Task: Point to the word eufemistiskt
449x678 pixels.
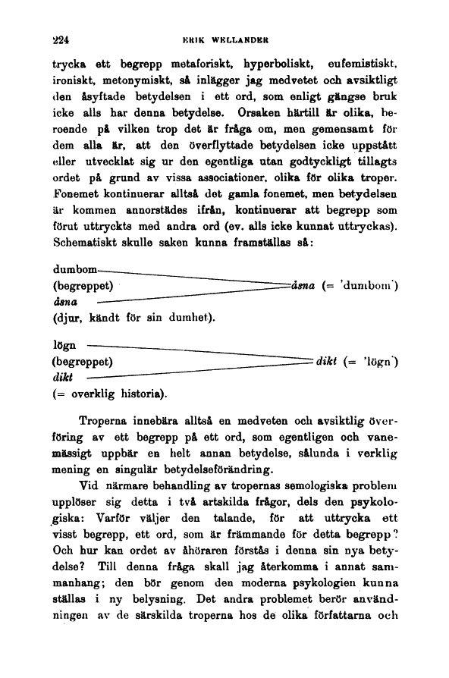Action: point(363,60)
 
